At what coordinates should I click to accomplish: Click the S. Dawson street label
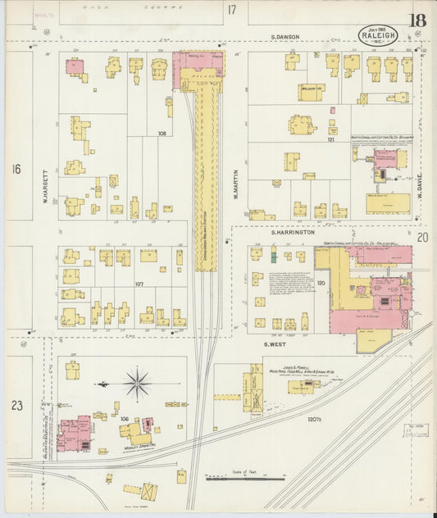tap(286, 37)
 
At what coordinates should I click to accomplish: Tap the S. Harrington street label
tap(294, 233)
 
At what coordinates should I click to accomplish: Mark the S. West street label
tap(274, 344)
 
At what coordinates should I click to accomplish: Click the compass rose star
tap(136, 384)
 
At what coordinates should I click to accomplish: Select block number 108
tap(162, 132)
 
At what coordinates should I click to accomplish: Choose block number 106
tap(125, 419)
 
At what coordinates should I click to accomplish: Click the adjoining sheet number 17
tap(232, 10)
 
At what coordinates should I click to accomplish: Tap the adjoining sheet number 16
tap(16, 169)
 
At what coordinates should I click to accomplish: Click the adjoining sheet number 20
tap(421, 238)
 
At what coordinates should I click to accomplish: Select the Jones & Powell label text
tap(299, 369)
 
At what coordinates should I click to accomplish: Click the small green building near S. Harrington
tap(274, 257)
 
